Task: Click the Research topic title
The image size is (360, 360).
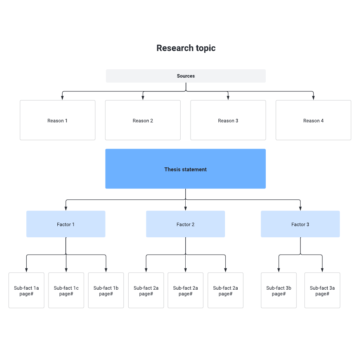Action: tap(186, 48)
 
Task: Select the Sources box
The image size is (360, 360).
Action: tap(186, 76)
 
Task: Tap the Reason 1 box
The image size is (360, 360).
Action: tap(58, 120)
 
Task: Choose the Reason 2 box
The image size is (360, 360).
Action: tap(143, 120)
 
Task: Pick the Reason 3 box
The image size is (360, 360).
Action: tap(228, 120)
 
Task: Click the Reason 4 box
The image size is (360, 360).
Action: tap(313, 120)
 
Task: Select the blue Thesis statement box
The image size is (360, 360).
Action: tap(186, 169)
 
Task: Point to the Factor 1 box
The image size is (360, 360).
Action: tap(66, 224)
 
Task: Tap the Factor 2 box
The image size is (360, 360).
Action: tap(186, 224)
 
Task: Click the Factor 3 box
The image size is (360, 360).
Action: tap(300, 224)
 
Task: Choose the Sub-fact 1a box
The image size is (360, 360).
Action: tap(26, 290)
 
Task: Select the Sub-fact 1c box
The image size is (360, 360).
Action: tap(66, 290)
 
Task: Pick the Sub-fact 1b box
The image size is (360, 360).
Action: tap(106, 290)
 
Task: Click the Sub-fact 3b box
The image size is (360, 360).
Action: tap(279, 290)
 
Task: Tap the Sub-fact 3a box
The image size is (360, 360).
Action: tap(322, 290)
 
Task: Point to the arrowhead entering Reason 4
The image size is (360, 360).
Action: tap(313, 98)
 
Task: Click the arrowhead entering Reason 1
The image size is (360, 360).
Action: tap(62, 98)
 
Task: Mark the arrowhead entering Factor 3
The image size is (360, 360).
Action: tap(300, 208)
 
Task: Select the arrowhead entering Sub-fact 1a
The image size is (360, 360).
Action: tap(26, 270)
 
